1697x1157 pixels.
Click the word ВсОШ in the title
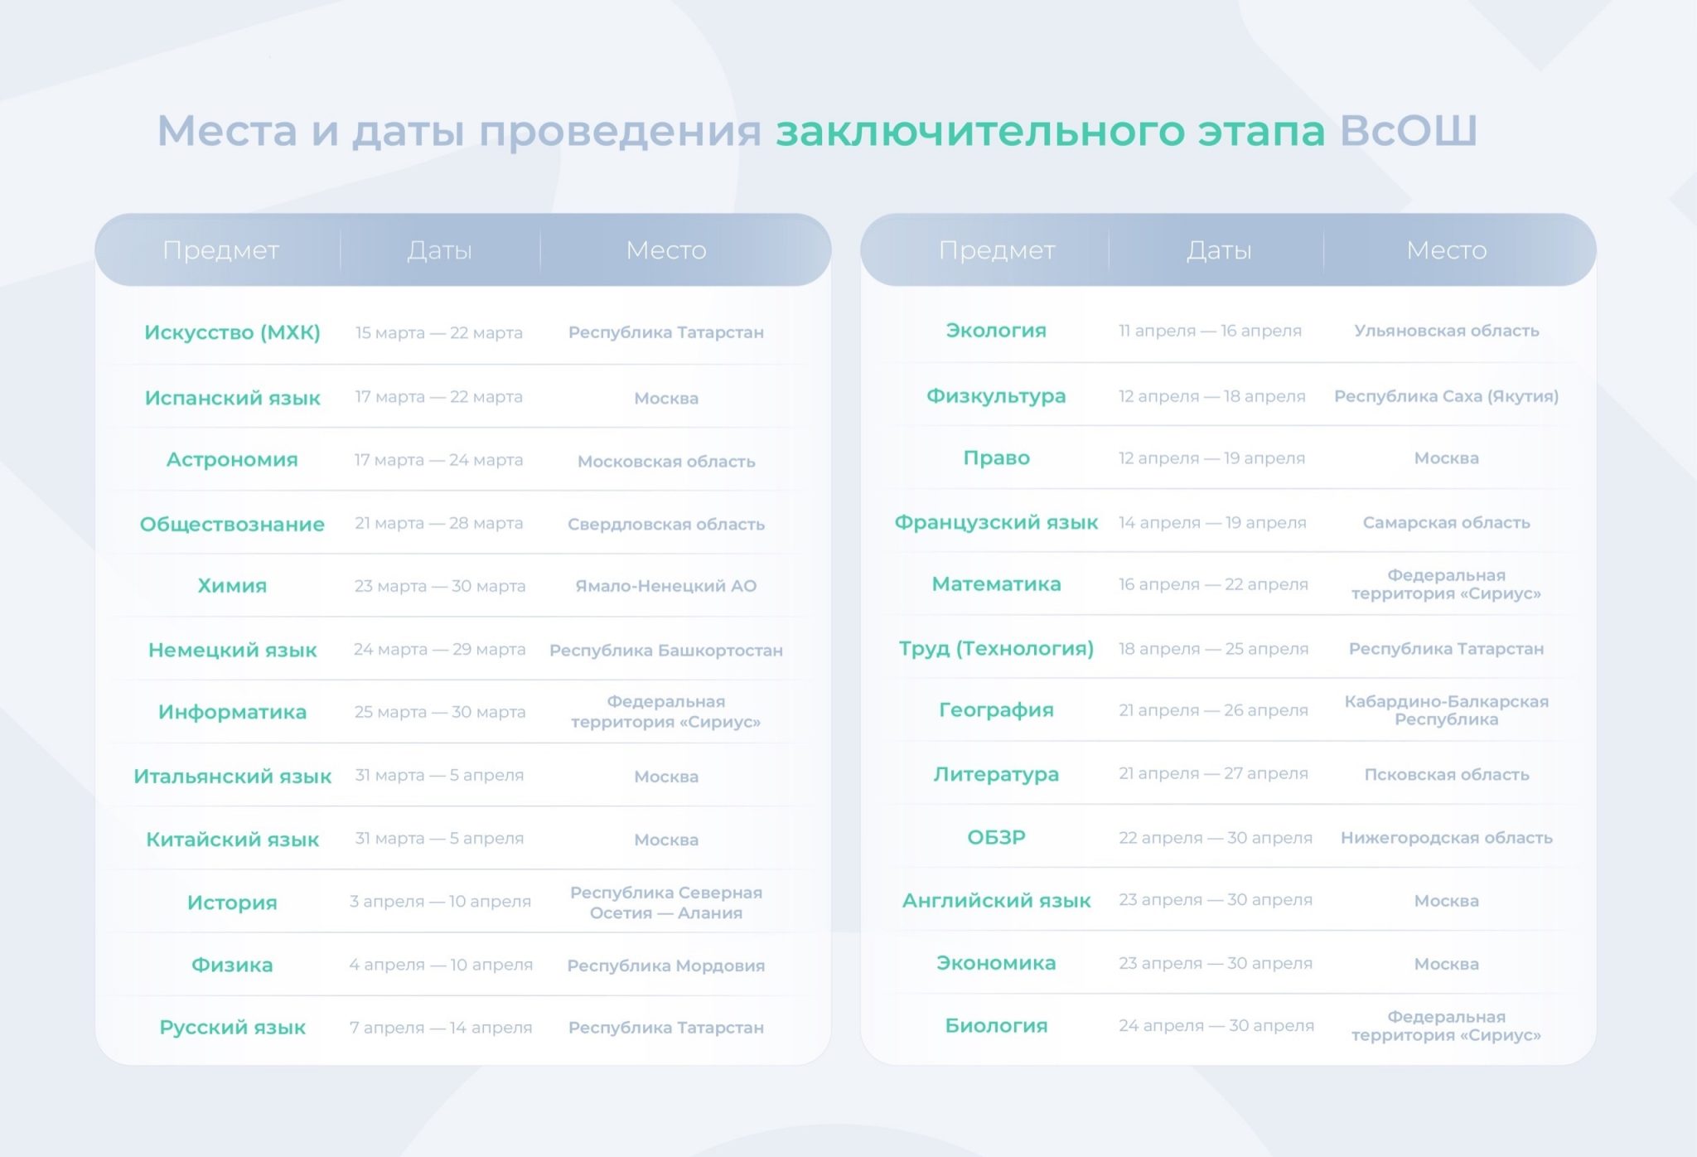[1408, 130]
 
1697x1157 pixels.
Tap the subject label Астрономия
[232, 460]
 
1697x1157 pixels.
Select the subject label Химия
[232, 586]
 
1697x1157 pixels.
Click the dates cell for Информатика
[440, 712]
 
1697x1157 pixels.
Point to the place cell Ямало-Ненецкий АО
[666, 586]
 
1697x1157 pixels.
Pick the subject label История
[232, 903]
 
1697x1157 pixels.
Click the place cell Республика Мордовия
[666, 966]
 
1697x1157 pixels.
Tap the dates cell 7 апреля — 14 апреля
[441, 1028]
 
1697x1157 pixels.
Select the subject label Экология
[996, 331]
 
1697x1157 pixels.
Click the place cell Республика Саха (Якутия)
[1446, 396]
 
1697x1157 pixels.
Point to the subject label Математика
[996, 584]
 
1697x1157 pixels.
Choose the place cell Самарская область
[1446, 523]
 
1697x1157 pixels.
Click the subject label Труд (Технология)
[996, 648]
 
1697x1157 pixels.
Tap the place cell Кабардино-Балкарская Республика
[1446, 710]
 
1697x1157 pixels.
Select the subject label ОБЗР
[996, 837]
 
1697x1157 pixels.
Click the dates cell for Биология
[1216, 1026]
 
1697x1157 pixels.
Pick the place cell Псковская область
[1446, 775]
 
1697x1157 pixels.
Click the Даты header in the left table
[439, 250]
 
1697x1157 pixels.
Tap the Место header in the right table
[1446, 250]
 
